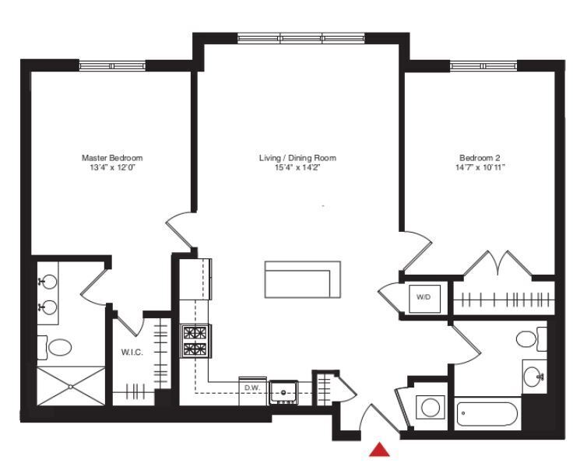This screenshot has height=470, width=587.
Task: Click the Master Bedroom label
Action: [x=112, y=158]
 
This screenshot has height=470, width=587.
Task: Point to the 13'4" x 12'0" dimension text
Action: [x=112, y=167]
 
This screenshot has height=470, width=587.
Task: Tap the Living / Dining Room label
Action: [x=297, y=158]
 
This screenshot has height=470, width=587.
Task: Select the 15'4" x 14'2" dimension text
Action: [x=297, y=167]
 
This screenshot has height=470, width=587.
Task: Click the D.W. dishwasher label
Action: [x=251, y=387]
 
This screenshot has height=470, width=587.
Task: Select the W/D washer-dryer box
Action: [x=424, y=297]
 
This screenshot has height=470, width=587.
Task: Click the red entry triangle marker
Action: [x=379, y=451]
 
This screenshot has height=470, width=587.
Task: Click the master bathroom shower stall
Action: [x=70, y=385]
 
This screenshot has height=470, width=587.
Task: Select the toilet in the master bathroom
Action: [x=58, y=345]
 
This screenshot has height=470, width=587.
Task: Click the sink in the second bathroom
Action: [x=534, y=377]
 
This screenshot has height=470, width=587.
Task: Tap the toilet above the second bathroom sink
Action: [x=529, y=339]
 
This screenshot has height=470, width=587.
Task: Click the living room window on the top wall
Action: [x=301, y=38]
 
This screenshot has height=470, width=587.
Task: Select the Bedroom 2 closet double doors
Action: [x=498, y=265]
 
